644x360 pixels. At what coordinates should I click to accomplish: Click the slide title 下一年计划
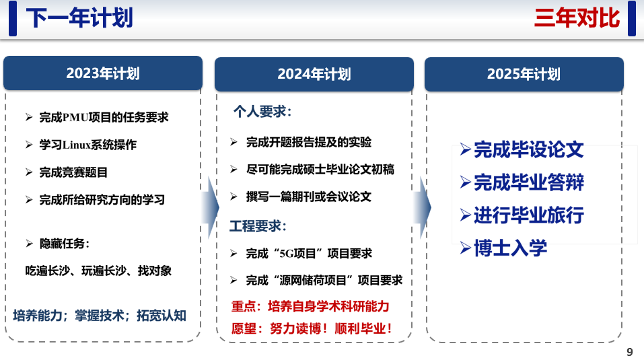[79, 18]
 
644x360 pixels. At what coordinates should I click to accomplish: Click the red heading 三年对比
[577, 18]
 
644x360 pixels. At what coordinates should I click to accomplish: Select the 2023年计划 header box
[103, 73]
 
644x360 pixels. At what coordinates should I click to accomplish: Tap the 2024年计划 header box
[314, 74]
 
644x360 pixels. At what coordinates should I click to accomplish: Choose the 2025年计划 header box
[524, 74]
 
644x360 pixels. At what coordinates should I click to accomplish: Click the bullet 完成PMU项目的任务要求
[98, 117]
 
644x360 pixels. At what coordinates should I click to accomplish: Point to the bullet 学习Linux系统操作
[81, 145]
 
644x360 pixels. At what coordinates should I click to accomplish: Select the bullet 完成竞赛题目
[67, 172]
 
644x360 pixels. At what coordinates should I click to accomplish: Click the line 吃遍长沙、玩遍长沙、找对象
[98, 271]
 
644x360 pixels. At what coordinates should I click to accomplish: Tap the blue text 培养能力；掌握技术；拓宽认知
[100, 316]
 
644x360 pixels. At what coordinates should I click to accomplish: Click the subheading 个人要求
[262, 111]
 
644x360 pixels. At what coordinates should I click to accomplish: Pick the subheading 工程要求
[258, 226]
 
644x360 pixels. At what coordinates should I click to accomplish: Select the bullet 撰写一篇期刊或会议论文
[301, 196]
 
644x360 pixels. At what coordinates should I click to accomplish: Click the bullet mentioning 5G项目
[301, 254]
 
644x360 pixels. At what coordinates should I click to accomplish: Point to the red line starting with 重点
[310, 306]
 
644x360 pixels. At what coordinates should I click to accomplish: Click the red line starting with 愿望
[312, 329]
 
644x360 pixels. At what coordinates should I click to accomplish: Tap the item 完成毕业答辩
[522, 182]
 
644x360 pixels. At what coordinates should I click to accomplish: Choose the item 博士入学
[503, 248]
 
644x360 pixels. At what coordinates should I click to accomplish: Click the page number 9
[630, 352]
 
